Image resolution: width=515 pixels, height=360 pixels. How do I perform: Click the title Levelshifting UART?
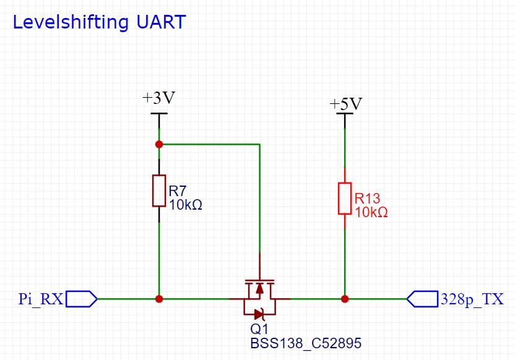point(99,22)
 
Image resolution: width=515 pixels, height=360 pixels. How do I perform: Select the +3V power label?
point(159,98)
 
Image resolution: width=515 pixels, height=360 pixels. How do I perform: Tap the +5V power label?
point(345,103)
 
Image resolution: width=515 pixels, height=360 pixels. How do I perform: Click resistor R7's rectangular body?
point(159,191)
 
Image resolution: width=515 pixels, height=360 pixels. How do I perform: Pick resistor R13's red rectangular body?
point(345,198)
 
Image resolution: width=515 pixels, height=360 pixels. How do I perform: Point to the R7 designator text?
point(178,191)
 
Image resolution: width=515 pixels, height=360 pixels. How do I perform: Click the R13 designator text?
point(367,199)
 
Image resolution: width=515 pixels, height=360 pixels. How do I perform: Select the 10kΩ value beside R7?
point(186,204)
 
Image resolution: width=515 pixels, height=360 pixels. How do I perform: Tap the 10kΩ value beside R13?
point(371,212)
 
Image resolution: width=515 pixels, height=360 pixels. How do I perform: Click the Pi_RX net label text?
point(40,299)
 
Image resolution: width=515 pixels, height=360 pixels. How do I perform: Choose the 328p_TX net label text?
point(471,299)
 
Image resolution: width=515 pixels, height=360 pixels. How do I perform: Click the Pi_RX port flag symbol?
point(81,299)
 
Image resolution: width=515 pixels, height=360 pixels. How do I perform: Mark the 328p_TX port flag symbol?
point(422,299)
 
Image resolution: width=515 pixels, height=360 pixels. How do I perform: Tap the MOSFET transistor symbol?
point(259,296)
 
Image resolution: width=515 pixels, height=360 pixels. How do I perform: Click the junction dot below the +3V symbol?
point(159,144)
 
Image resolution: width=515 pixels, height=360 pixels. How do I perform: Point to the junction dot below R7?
point(159,299)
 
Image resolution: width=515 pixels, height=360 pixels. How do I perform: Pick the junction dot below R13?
point(345,299)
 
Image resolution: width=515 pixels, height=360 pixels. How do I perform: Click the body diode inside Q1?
point(259,314)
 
